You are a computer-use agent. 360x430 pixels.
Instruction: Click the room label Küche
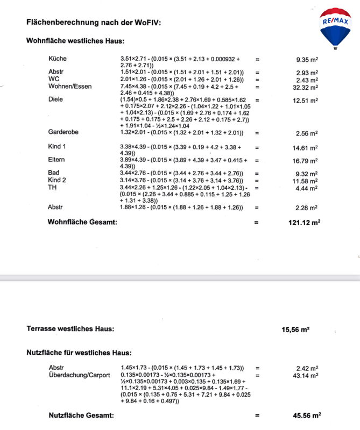(x=58, y=59)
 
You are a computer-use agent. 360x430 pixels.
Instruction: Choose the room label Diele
(x=56, y=99)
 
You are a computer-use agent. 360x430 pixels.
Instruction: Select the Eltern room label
(x=57, y=160)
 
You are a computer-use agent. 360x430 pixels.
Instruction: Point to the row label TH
(x=52, y=188)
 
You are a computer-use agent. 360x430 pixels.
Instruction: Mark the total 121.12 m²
(x=301, y=222)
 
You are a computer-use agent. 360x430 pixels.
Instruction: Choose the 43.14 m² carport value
(x=305, y=375)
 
